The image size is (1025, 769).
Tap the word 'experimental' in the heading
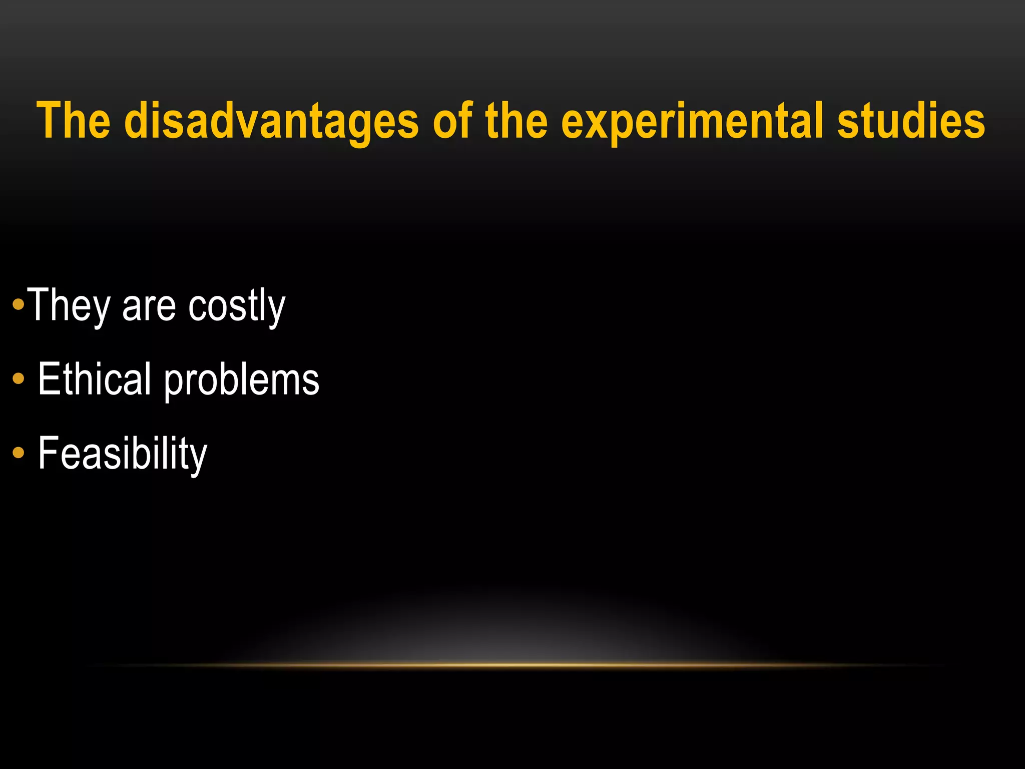pos(692,121)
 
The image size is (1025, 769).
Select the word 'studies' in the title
pos(911,121)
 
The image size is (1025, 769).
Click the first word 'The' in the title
pos(74,121)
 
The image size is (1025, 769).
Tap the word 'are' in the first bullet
pos(149,306)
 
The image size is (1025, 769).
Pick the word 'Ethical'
pos(94,379)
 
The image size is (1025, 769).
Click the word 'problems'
pos(242,380)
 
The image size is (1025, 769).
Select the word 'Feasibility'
pos(122,454)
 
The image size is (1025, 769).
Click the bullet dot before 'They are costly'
pos(19,304)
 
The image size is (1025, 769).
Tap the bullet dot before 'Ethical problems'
pos(19,378)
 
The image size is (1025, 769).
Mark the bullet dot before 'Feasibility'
pos(19,453)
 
